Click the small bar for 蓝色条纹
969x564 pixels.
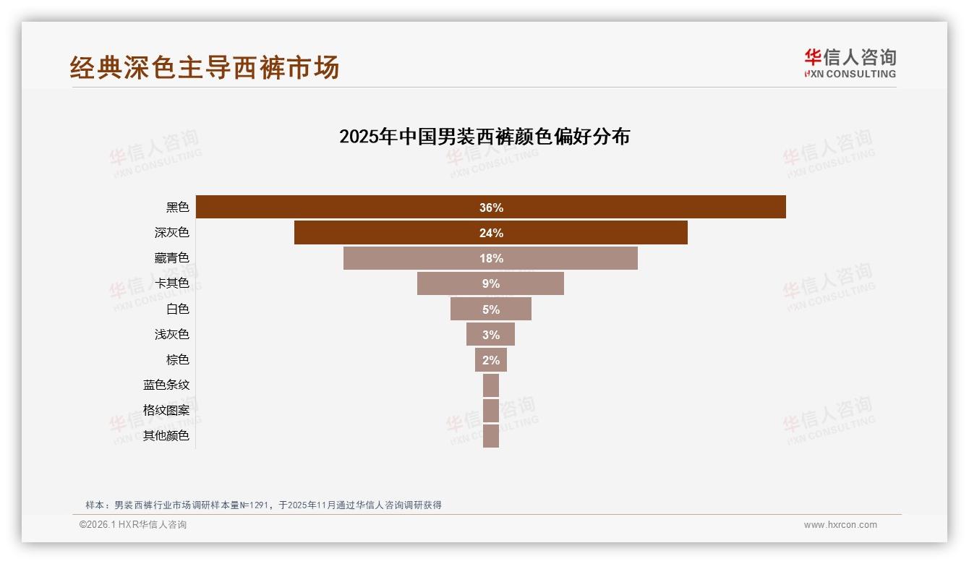click(x=491, y=385)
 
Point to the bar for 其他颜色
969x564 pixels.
click(x=491, y=436)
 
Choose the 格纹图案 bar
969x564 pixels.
click(x=491, y=411)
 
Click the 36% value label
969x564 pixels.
click(x=491, y=208)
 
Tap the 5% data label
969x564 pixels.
click(x=491, y=309)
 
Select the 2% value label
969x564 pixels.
click(x=491, y=360)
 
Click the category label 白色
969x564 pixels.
click(x=177, y=309)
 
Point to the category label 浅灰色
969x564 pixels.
click(x=171, y=335)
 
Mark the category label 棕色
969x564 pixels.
click(x=177, y=360)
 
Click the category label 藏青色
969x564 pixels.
click(x=171, y=258)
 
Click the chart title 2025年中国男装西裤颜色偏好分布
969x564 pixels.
click(x=484, y=137)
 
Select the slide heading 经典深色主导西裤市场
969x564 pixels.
click(x=205, y=68)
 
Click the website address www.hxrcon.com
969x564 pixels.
click(x=840, y=525)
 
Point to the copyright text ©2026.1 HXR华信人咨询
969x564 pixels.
click(x=133, y=525)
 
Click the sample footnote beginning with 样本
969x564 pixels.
click(x=263, y=505)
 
